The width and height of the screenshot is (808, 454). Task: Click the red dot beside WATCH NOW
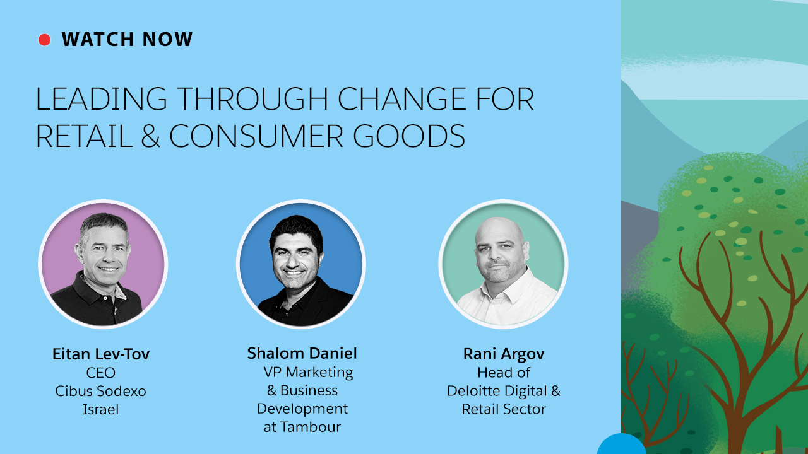tap(44, 40)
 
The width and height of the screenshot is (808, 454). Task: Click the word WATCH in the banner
tap(98, 39)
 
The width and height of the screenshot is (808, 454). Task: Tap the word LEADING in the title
tap(101, 98)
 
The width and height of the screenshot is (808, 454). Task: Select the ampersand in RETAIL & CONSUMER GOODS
tap(150, 136)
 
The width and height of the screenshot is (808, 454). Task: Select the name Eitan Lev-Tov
tap(101, 354)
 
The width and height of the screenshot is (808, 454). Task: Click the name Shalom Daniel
tap(302, 353)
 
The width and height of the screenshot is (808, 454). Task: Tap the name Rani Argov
tap(504, 354)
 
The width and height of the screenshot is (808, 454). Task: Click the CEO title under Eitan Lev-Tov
tap(100, 373)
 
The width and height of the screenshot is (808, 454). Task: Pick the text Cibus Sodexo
tap(100, 391)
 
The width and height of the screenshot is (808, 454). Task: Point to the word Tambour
tap(311, 427)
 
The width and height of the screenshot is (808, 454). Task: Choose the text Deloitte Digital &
tap(504, 391)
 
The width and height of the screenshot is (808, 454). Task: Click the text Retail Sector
tap(504, 409)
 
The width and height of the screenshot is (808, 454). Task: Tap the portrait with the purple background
tap(103, 264)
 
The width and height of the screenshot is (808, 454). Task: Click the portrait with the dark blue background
tap(301, 264)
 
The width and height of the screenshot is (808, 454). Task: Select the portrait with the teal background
tap(503, 264)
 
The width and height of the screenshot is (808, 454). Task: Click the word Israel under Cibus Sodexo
tap(100, 409)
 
